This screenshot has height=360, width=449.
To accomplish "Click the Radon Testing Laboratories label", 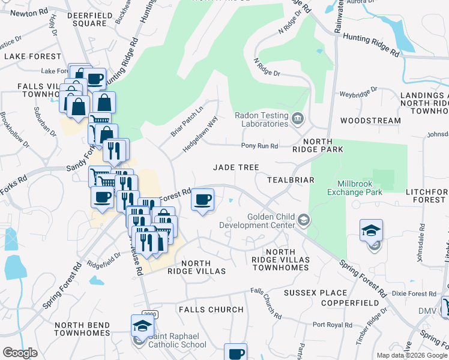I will click(261, 119).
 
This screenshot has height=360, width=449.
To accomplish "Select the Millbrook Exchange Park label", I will click(355, 188).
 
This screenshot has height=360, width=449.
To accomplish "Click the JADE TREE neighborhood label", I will click(237, 167).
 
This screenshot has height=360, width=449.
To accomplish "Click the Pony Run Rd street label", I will click(259, 146).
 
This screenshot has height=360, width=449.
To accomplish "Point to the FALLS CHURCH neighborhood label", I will click(211, 310).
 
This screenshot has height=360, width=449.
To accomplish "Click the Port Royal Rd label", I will click(332, 325).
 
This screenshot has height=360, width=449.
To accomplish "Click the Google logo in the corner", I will click(20, 353).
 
